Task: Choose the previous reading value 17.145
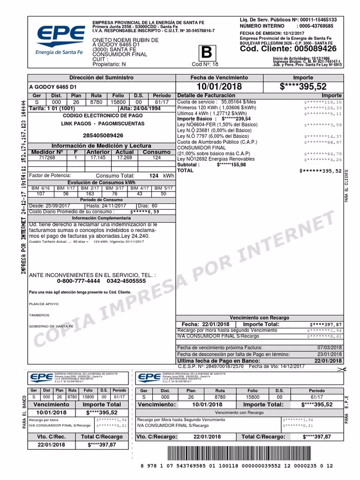pos(97,158)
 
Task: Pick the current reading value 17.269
pos(124,158)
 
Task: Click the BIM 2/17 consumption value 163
pos(90,194)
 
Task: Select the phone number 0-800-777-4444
pos(78,281)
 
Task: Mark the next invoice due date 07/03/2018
pos(330,347)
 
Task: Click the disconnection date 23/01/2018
pos(330,354)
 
